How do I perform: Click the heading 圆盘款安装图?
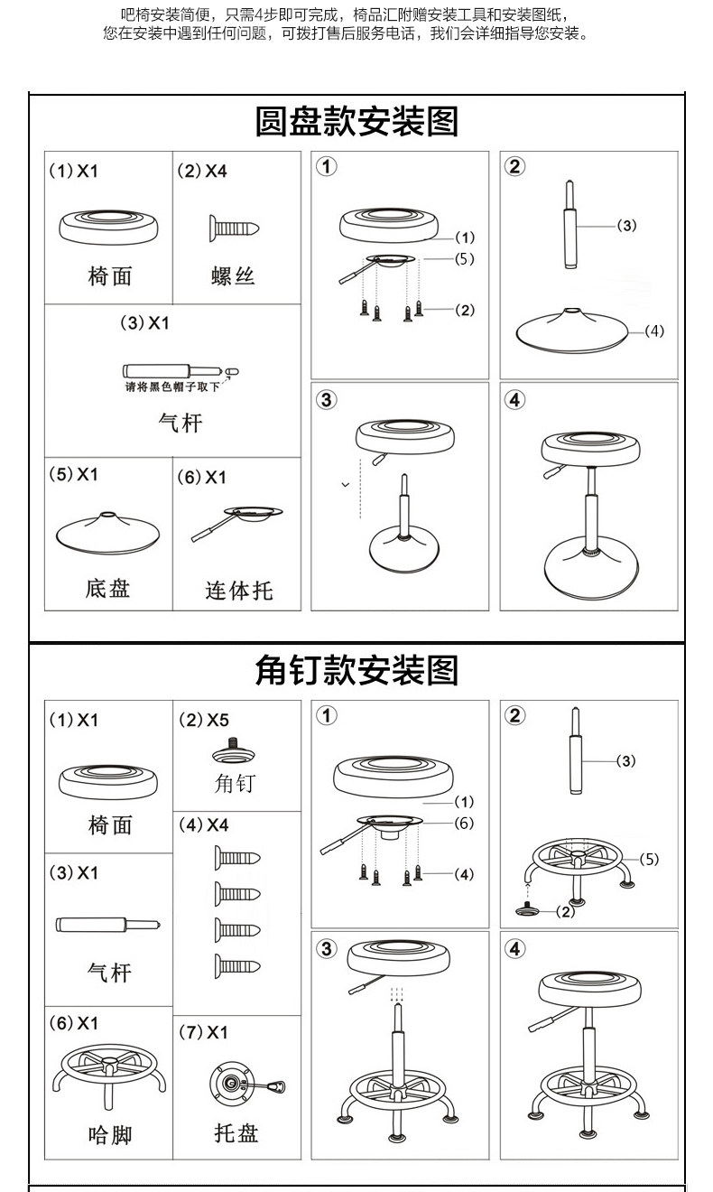click(356, 120)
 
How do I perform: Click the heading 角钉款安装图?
click(356, 670)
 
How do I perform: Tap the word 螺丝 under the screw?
click(235, 275)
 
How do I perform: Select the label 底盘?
click(108, 589)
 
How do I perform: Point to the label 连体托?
click(238, 591)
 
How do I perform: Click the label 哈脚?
click(110, 1134)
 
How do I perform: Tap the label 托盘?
click(236, 1132)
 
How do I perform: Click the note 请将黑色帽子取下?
click(171, 387)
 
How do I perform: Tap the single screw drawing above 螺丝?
click(235, 226)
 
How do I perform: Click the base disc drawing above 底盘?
click(107, 531)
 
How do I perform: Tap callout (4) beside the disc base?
click(654, 331)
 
